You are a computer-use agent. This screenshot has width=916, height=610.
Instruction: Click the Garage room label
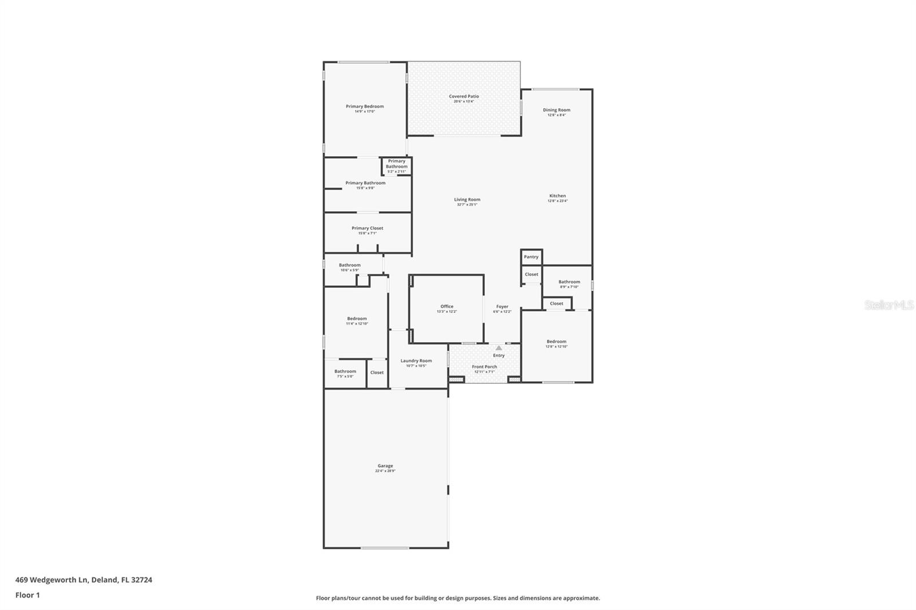[385, 466]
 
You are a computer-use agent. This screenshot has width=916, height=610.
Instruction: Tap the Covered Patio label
[464, 97]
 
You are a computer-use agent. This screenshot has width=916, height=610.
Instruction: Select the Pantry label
[531, 257]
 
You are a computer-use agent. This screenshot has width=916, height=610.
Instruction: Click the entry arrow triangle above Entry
[499, 348]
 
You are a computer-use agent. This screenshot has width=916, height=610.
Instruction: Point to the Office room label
[447, 307]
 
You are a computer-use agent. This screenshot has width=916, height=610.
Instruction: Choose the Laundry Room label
[416, 361]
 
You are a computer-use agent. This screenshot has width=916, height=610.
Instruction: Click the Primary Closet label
[368, 228]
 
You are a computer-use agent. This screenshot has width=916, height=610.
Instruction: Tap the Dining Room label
[556, 110]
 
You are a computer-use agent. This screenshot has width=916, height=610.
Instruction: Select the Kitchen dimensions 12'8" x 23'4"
[557, 201]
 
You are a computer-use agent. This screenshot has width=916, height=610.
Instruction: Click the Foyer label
[502, 307]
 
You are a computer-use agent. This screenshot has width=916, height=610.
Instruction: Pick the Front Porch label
[484, 367]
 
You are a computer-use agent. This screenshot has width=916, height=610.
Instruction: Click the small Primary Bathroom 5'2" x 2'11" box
[396, 166]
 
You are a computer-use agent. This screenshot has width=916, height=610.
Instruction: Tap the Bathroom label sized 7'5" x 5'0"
[345, 371]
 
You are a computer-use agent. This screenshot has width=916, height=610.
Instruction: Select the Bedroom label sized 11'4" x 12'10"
[357, 319]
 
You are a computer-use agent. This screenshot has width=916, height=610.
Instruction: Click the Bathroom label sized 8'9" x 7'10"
[569, 282]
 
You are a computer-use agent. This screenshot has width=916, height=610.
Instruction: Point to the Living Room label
[467, 200]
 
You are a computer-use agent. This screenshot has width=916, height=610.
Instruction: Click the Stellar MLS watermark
[889, 306]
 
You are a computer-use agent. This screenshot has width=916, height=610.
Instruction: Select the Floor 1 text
[27, 595]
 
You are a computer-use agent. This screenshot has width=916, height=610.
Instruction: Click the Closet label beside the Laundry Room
[377, 373]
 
